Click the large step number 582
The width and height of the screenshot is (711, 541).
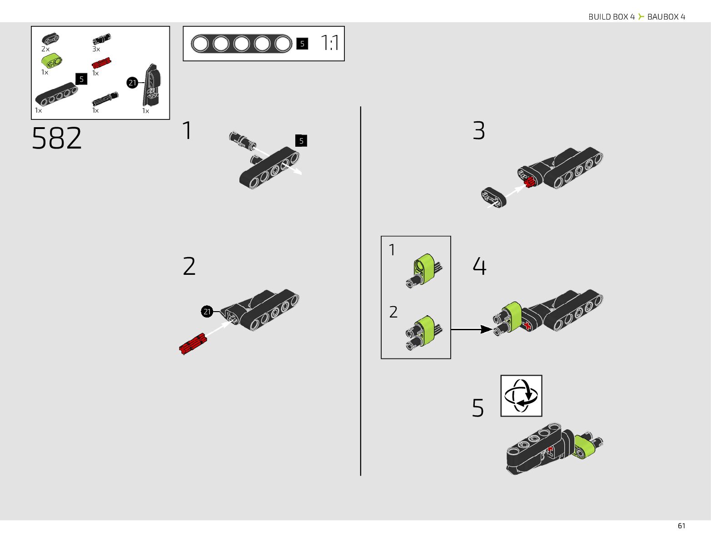(57, 138)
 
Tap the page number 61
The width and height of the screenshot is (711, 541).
(681, 526)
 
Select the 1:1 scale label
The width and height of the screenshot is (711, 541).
(330, 43)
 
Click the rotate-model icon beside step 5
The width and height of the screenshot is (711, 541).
(521, 396)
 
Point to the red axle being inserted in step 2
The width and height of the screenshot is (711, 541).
(193, 343)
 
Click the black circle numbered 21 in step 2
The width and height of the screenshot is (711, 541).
(207, 312)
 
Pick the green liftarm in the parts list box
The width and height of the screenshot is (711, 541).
(51, 60)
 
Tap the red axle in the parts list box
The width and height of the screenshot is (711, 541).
(101, 63)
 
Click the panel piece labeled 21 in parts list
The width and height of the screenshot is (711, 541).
(152, 85)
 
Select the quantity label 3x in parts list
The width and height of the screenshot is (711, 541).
(96, 49)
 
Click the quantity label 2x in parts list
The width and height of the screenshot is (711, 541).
(45, 49)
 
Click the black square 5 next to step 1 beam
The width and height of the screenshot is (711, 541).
(301, 141)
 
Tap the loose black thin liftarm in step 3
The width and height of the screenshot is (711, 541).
(494, 198)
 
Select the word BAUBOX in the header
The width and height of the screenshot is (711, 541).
(663, 17)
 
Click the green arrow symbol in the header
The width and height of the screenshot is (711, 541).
(641, 16)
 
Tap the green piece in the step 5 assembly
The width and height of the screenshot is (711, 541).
(585, 447)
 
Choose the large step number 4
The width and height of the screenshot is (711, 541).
(479, 266)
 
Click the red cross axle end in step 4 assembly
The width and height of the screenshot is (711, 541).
(527, 326)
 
